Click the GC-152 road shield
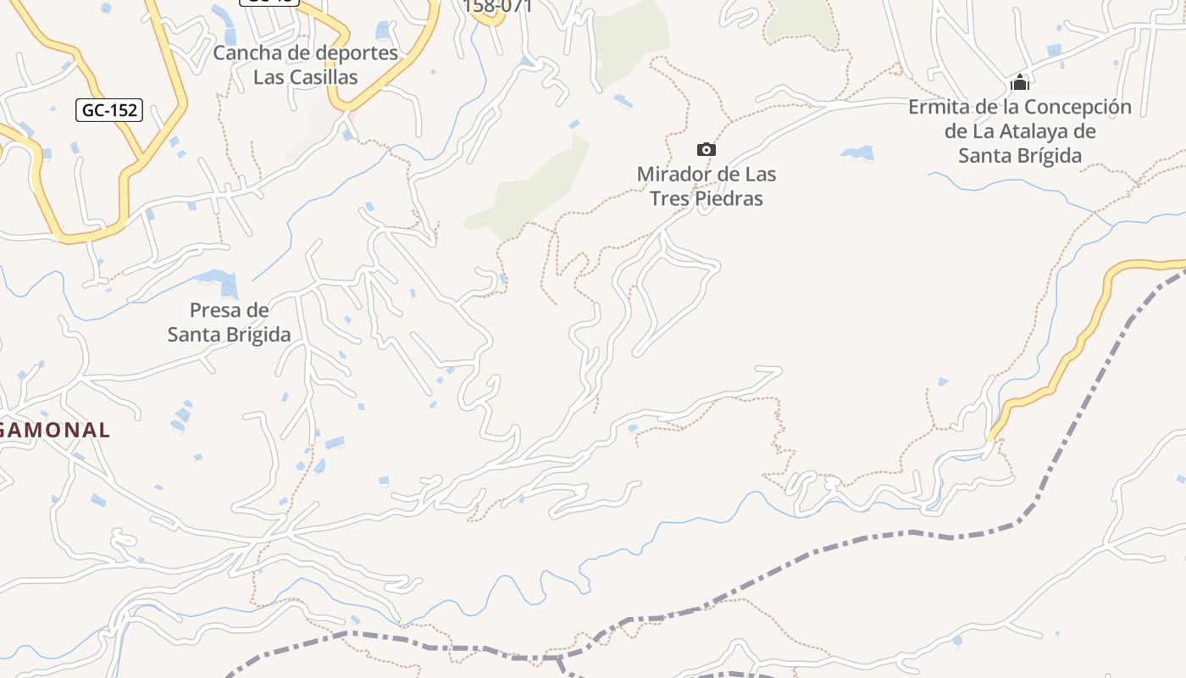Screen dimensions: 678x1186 point(109,110)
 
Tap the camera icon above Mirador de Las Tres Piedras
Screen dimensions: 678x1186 point(706,150)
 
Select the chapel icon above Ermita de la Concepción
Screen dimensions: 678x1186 point(1019,83)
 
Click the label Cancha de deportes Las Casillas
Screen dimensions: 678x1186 point(305,64)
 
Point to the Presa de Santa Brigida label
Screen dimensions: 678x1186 point(229,322)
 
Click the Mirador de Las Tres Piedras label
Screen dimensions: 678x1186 point(706,186)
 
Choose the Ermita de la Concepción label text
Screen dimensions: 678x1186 point(1019,131)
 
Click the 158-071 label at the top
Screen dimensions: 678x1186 point(498,7)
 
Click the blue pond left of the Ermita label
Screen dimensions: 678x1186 point(857,153)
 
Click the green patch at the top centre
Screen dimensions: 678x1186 point(631,38)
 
